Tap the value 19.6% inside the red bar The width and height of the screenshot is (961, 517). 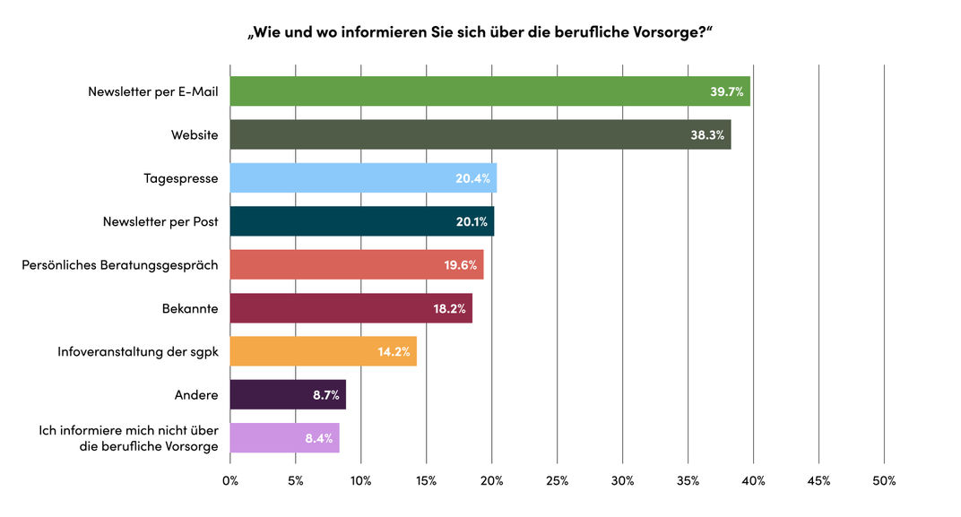click(460, 265)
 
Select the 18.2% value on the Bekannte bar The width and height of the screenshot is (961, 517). click(448, 308)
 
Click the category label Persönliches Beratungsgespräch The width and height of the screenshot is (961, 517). click(120, 265)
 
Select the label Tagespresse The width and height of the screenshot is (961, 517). click(181, 178)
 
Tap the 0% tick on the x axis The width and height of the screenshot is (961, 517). click(230, 481)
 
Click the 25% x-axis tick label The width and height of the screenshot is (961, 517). click(557, 481)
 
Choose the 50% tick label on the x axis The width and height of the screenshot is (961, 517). click(884, 481)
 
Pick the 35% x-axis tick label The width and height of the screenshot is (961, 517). click(688, 481)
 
